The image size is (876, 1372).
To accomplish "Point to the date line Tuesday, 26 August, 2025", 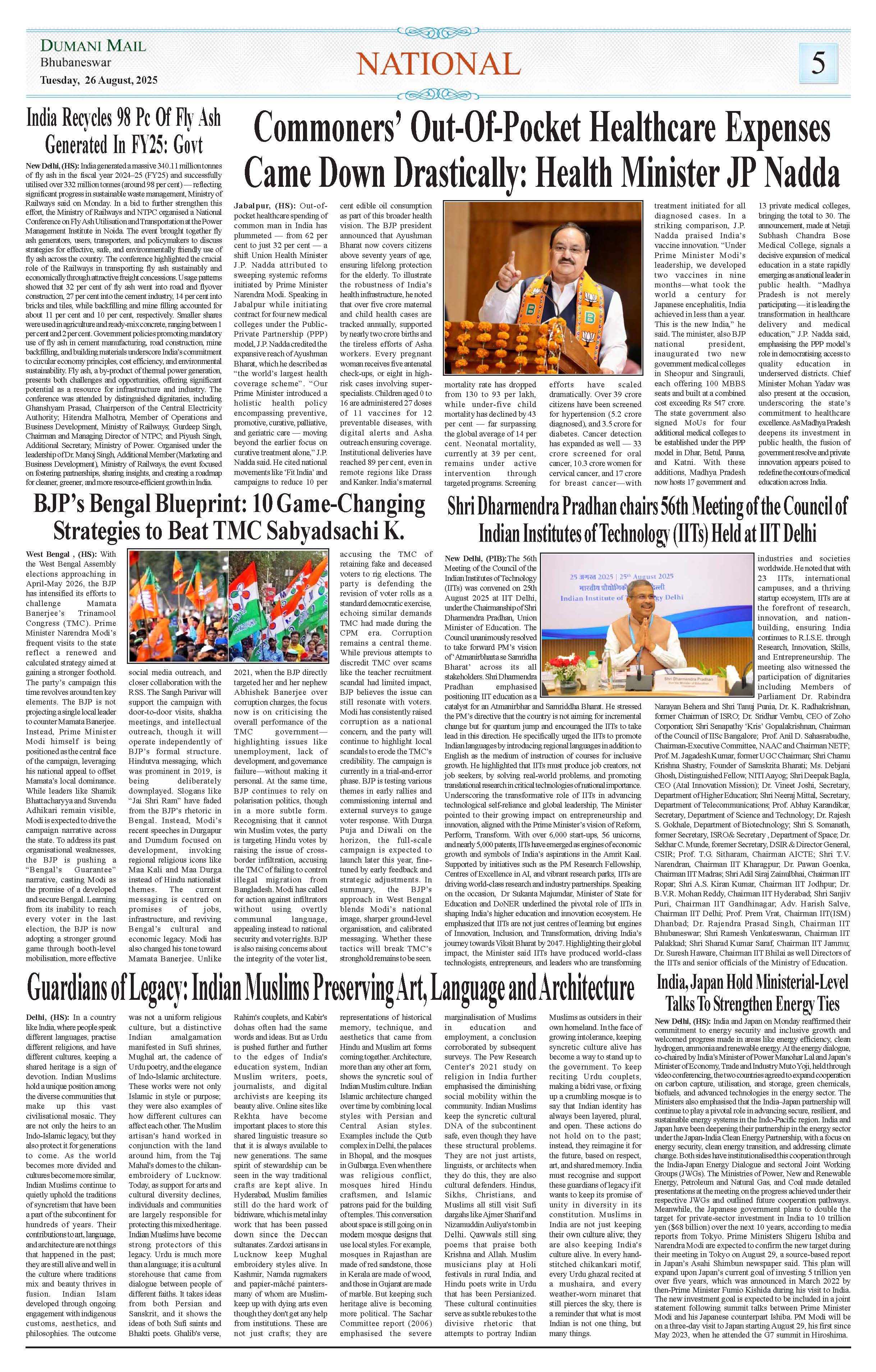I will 98,80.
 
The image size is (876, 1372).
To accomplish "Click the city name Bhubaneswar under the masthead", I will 76,63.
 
